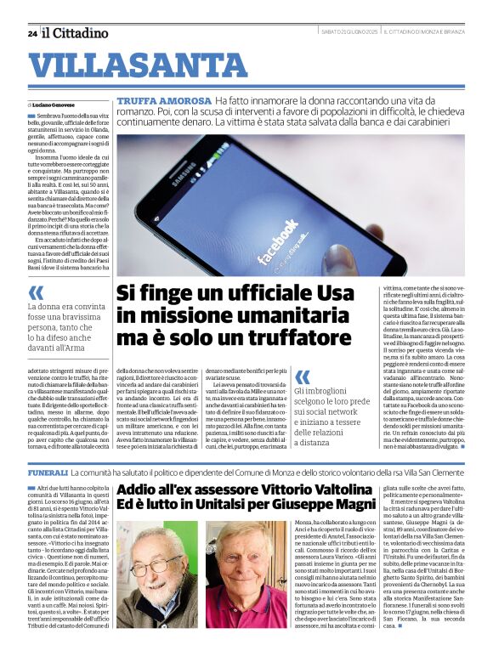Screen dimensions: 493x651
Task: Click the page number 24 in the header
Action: (31, 33)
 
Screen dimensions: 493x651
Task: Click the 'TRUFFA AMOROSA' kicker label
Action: (163, 100)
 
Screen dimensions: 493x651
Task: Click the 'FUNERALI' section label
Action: (47, 471)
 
